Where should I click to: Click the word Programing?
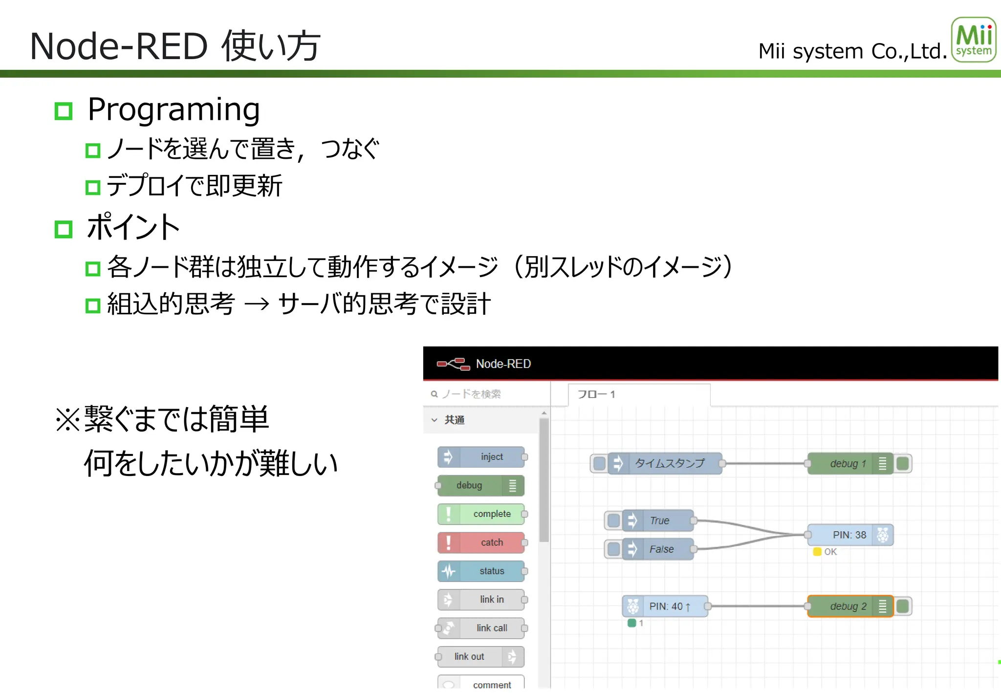pos(174,109)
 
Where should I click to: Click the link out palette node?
pos(481,656)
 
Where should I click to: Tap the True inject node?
pos(659,520)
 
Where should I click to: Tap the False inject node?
pos(659,549)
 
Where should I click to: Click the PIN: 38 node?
pos(849,535)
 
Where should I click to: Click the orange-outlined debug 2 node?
pos(849,606)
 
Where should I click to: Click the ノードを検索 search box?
pos(486,394)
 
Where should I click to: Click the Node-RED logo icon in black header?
pos(453,364)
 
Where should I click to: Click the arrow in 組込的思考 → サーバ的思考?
pos(257,304)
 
